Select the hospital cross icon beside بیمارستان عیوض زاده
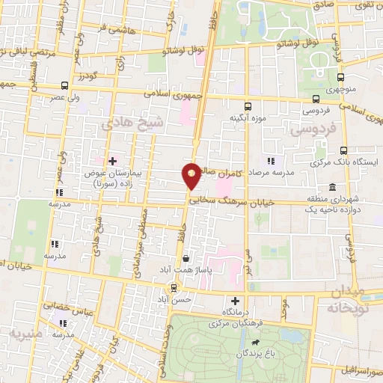point(112,161)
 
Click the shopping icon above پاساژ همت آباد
point(185,258)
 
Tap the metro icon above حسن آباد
point(174,287)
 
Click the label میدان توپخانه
point(354,298)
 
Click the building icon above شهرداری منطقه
point(332,186)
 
